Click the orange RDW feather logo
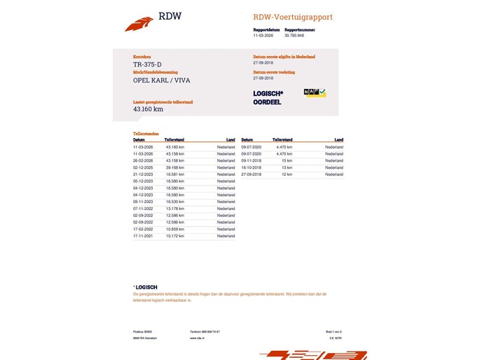point(139,24)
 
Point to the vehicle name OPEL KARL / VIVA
point(161,80)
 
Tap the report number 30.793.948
point(295,35)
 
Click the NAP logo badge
point(315,92)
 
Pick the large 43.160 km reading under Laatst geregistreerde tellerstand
point(148,109)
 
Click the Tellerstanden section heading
point(146,133)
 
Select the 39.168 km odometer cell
point(175,168)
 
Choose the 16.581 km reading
point(175,174)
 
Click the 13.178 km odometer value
point(175,209)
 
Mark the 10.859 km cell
point(175,229)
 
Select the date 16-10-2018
point(251,167)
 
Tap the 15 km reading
point(287,160)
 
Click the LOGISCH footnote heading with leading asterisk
point(145,287)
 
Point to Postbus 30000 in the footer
point(143,331)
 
